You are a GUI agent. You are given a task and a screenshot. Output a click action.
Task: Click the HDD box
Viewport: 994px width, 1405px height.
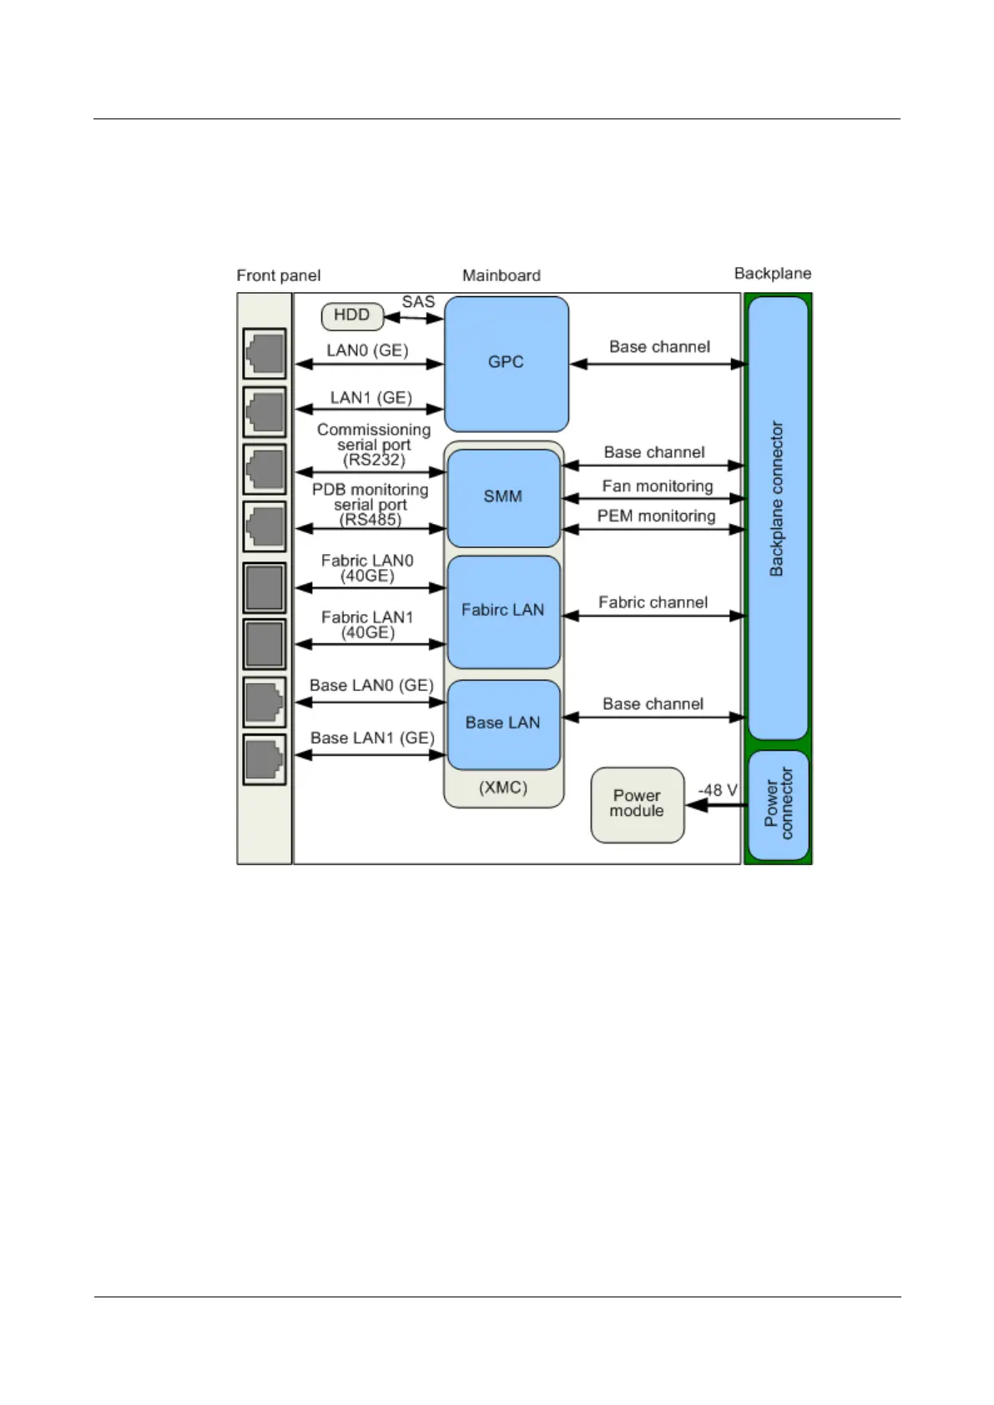pyautogui.click(x=351, y=316)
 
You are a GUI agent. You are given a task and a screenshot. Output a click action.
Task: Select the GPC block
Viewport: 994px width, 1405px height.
pyautogui.click(x=506, y=363)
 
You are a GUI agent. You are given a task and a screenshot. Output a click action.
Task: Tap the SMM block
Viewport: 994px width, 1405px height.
pyautogui.click(x=502, y=497)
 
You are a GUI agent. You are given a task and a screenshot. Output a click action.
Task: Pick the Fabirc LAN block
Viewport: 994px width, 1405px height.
pyautogui.click(x=502, y=611)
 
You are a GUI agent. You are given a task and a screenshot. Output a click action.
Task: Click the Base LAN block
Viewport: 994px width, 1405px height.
pyautogui.click(x=502, y=723)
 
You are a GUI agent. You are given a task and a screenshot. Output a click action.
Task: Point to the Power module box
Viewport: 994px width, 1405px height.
pyautogui.click(x=637, y=804)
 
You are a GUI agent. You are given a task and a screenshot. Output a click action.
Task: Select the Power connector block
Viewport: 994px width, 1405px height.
pyautogui.click(x=778, y=805)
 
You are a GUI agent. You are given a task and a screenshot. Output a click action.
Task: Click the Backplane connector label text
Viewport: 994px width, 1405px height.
pyautogui.click(x=776, y=499)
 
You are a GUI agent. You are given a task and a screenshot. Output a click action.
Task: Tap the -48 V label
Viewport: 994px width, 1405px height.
pyautogui.click(x=718, y=790)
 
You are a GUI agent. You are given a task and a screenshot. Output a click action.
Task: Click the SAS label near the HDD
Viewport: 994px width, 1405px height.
pyautogui.click(x=418, y=302)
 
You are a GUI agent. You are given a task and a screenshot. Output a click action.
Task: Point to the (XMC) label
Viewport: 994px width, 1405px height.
pyautogui.click(x=502, y=788)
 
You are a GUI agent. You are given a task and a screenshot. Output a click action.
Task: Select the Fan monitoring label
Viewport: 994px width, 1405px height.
pyautogui.click(x=658, y=486)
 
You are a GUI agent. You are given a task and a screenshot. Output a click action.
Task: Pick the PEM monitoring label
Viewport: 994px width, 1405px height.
pyautogui.click(x=656, y=516)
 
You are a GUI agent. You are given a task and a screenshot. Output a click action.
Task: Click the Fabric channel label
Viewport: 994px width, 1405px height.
pyautogui.click(x=653, y=602)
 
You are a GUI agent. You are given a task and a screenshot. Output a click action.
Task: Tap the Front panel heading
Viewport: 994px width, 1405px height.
pyautogui.click(x=278, y=275)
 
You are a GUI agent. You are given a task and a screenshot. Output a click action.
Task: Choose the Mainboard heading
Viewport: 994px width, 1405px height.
pyautogui.click(x=501, y=275)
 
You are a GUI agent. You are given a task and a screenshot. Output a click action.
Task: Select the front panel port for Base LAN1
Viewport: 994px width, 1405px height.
pyautogui.click(x=265, y=758)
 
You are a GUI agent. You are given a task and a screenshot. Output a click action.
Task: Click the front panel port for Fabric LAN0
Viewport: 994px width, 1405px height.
pyautogui.click(x=265, y=587)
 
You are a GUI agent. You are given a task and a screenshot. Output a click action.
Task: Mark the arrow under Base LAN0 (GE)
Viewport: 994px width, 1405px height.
pyautogui.click(x=371, y=702)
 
